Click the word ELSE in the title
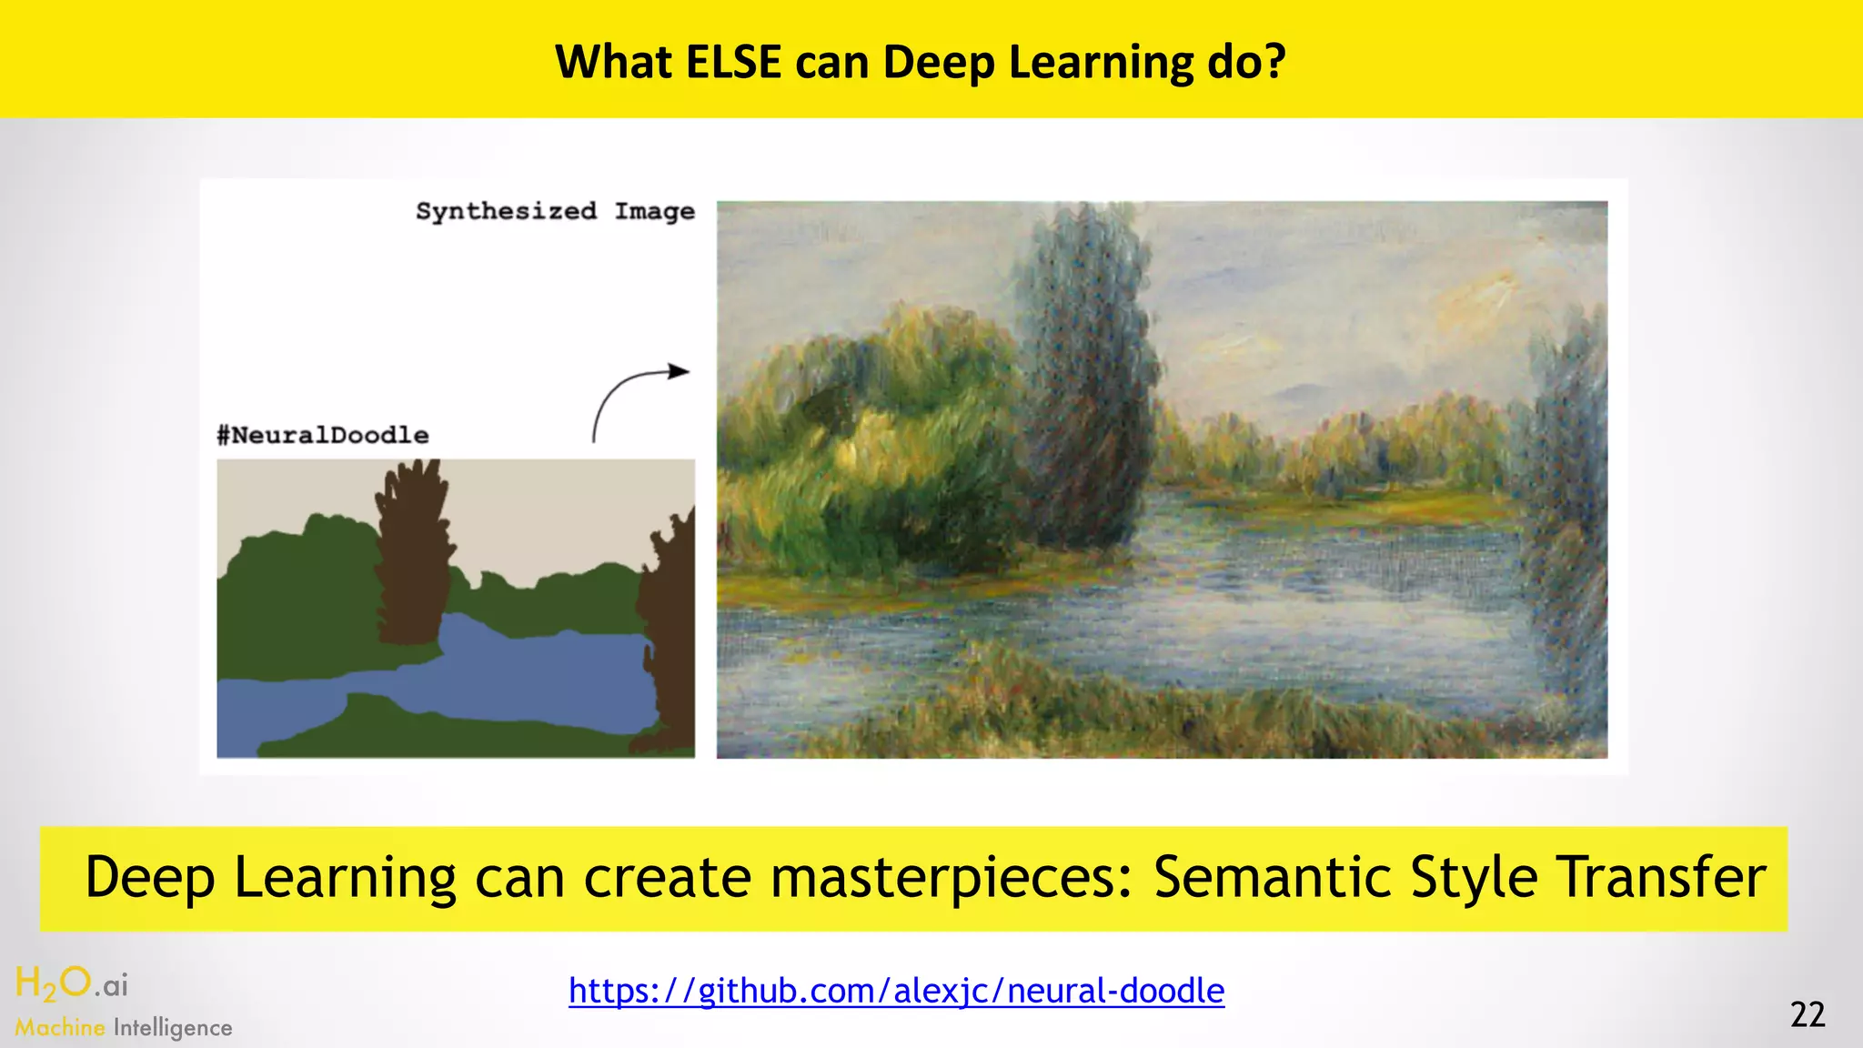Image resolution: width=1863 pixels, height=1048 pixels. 732,62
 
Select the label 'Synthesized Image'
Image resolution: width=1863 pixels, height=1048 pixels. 555,211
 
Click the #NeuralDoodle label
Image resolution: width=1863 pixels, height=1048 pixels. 323,435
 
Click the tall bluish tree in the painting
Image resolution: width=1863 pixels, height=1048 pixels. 1087,382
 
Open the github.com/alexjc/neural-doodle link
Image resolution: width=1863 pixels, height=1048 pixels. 896,990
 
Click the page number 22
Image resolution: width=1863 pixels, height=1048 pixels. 1808,1014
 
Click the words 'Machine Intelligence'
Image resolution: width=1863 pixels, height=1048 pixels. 124,1027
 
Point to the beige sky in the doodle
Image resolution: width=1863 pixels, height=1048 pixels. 564,509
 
